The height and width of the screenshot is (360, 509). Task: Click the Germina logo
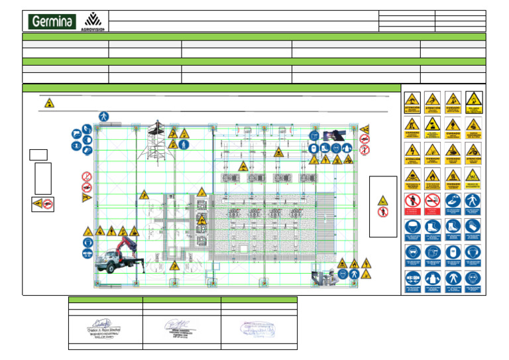coord(51,22)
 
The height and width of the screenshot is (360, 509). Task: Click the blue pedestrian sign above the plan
coord(103,116)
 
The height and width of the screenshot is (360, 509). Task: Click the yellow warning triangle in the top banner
coord(49,103)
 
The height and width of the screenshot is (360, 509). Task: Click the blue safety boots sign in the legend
coord(433,227)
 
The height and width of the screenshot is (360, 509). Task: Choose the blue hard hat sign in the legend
coord(412,227)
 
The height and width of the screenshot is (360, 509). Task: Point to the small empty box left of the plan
coord(38,154)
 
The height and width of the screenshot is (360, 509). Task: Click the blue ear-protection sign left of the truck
coord(87,254)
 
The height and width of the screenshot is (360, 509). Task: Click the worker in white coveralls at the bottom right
coord(327,276)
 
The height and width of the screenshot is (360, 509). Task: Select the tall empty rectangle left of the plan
coord(43,178)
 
